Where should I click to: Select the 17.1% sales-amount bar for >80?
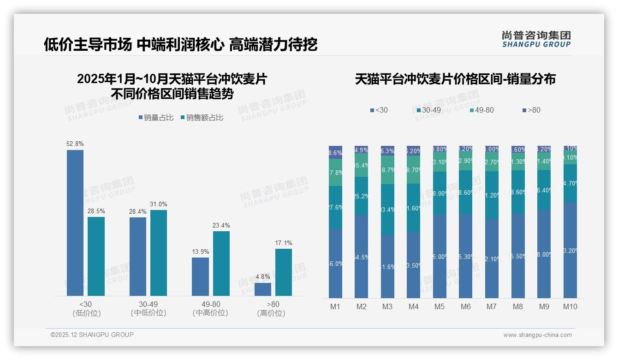pos(284,272)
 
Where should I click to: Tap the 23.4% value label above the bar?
pos(221,226)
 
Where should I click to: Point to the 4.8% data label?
pos(262,277)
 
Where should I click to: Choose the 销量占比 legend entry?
pos(156,118)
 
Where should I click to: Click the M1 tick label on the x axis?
pos(335,306)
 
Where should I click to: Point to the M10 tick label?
pos(570,306)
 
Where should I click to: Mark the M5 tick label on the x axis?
pos(439,306)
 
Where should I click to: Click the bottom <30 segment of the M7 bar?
pos(492,258)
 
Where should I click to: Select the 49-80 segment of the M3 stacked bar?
pos(387,170)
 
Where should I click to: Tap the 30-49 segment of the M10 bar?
pos(570,183)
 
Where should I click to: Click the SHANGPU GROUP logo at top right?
pos(536,39)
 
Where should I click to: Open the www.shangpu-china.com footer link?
pos(537,335)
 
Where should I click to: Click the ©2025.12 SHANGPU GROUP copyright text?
pos(92,335)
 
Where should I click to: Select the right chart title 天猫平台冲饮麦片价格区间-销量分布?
pos(455,79)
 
